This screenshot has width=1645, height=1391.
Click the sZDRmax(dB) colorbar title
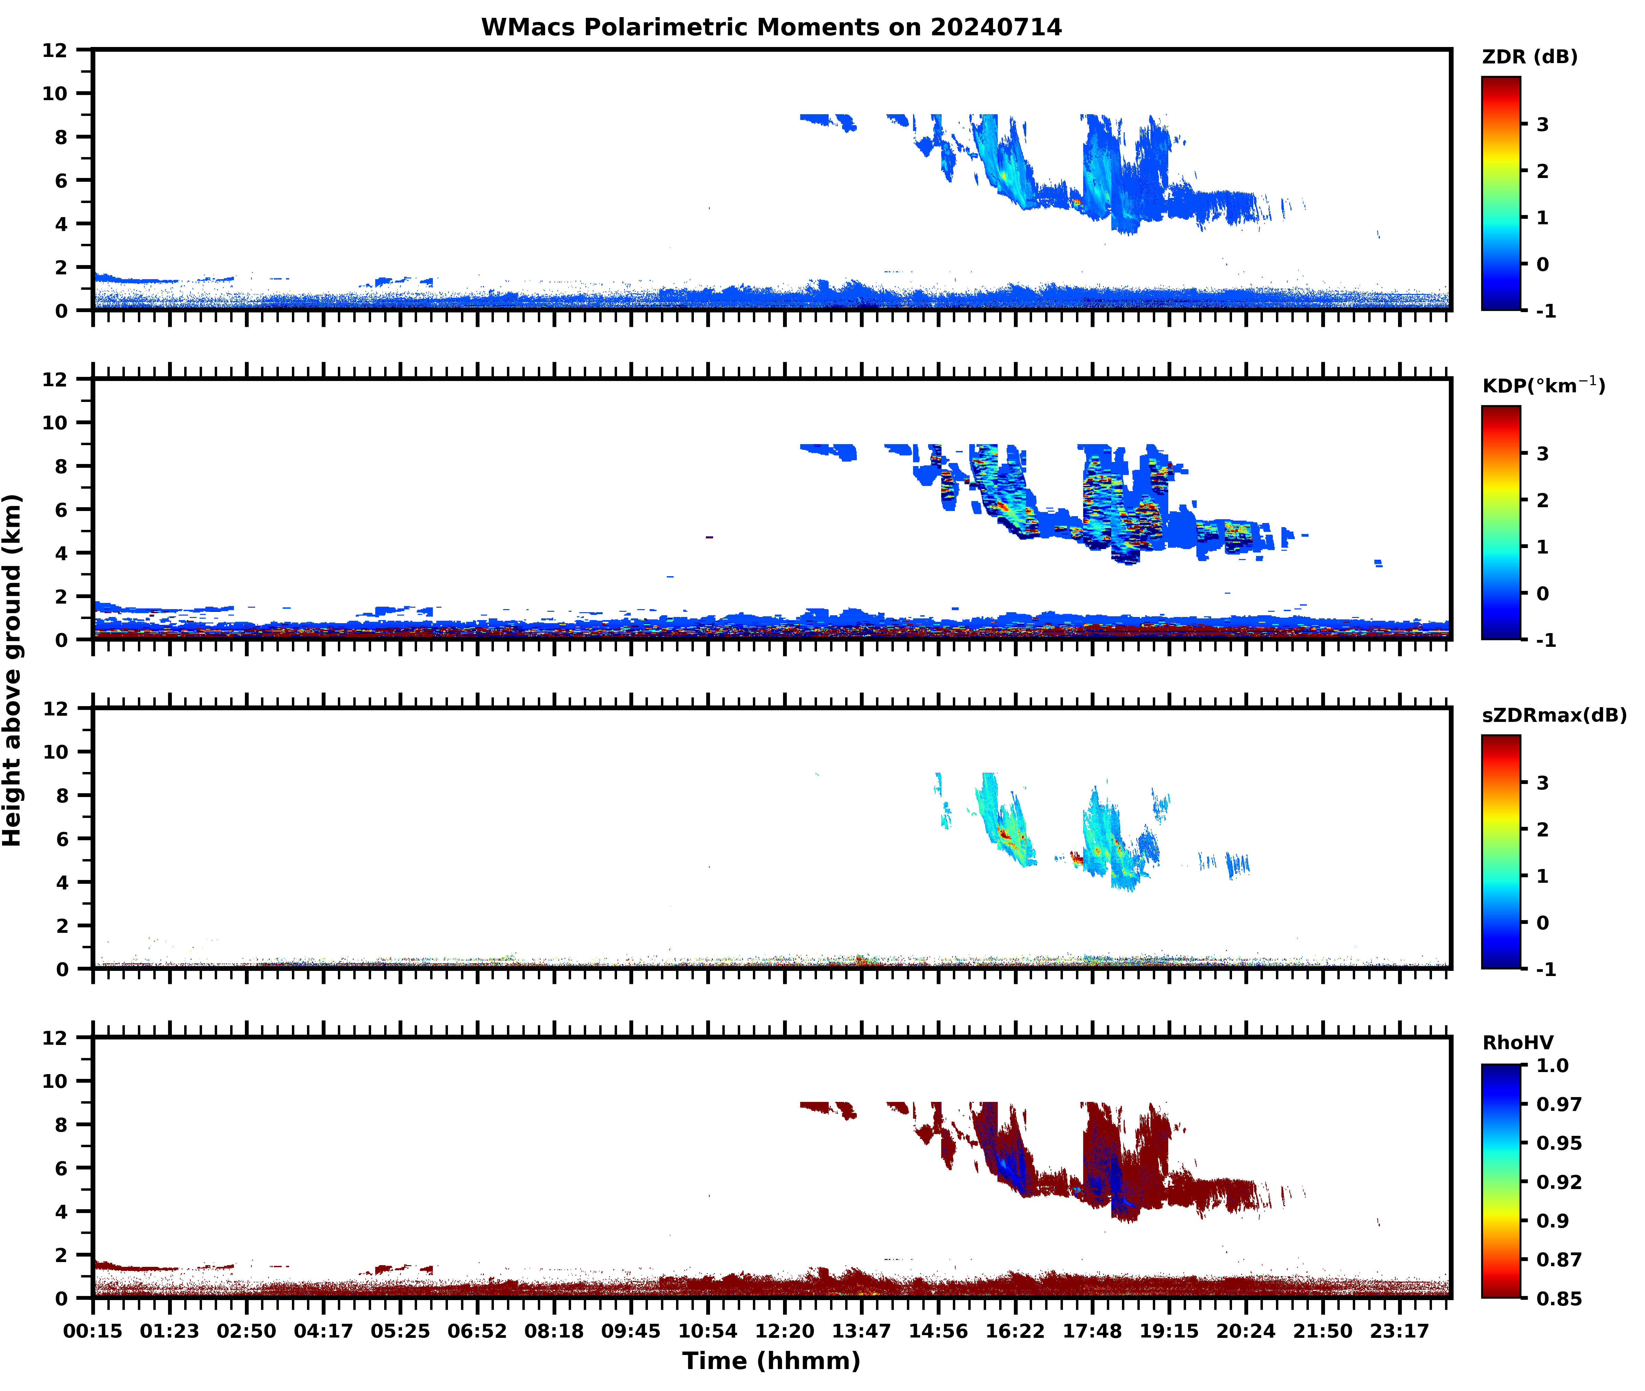tap(1553, 715)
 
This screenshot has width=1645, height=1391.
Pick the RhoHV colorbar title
tap(1517, 1043)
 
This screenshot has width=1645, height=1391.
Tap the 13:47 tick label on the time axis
tap(861, 1331)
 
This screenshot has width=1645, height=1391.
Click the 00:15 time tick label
tap(93, 1331)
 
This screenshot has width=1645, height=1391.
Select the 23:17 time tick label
tap(1399, 1331)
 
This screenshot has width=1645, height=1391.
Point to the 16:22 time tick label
tap(1015, 1331)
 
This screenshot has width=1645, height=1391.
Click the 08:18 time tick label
tap(554, 1331)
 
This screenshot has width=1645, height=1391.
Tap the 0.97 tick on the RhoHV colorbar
tap(1558, 1104)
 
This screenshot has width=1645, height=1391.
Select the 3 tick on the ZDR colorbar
tap(1542, 124)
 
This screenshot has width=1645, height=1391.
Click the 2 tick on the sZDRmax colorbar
tap(1542, 830)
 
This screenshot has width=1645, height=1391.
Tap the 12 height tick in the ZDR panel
tap(55, 50)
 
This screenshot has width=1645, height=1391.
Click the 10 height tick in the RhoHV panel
tap(55, 1081)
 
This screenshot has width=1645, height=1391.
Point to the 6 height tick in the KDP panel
tap(61, 509)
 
